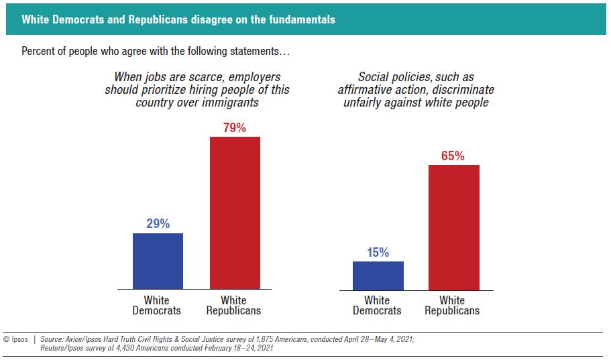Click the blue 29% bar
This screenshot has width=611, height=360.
click(x=158, y=261)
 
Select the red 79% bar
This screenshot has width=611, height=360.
click(x=235, y=213)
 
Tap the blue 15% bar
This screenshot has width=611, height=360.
click(x=378, y=276)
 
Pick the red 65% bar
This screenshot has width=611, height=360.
click(x=453, y=227)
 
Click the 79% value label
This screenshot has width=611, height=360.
click(x=235, y=127)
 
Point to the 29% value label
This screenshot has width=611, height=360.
click(x=158, y=224)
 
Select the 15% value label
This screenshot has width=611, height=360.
click(x=378, y=252)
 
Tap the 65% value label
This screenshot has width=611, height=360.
click(x=453, y=156)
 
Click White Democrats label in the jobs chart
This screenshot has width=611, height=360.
click(x=157, y=306)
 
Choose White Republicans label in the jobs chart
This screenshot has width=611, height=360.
click(x=233, y=306)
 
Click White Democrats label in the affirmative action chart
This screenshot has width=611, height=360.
click(x=377, y=306)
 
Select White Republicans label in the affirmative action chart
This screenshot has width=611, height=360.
click(x=452, y=306)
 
